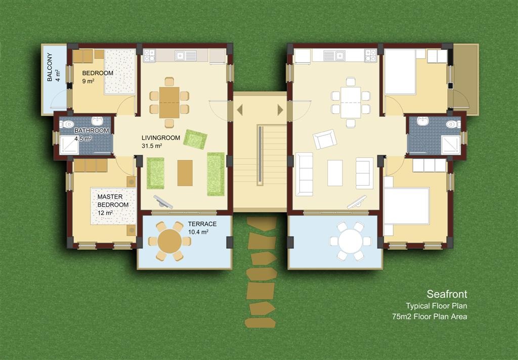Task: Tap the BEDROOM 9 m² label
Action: coord(98,77)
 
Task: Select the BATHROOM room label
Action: coord(92,130)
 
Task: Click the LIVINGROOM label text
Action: coord(161,138)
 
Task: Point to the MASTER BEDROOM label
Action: coord(113,201)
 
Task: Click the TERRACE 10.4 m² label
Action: coord(202,228)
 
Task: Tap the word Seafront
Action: coord(447,294)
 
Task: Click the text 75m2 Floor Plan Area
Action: coord(429,317)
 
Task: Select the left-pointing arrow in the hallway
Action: coord(240,110)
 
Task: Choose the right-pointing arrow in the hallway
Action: coord(280,110)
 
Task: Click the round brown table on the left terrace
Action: coord(169,241)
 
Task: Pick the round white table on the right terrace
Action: coord(351,241)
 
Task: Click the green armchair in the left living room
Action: coord(195,139)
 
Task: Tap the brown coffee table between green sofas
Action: coord(185,173)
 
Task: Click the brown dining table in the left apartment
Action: coord(169,102)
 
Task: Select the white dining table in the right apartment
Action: coord(351,102)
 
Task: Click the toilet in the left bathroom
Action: coord(67,124)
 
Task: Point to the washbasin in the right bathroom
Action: coord(423,121)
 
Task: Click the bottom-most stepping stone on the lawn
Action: coord(261,323)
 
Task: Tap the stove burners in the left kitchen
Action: coord(149,55)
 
